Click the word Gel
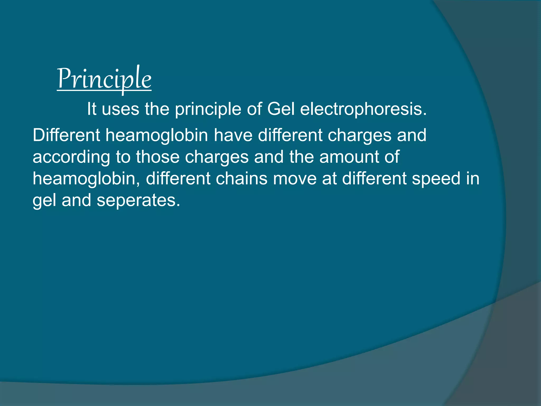281,109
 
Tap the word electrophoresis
363,109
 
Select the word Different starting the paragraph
66,135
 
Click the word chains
241,178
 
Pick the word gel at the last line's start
44,200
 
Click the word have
233,135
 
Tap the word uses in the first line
120,109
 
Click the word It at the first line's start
92,109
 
